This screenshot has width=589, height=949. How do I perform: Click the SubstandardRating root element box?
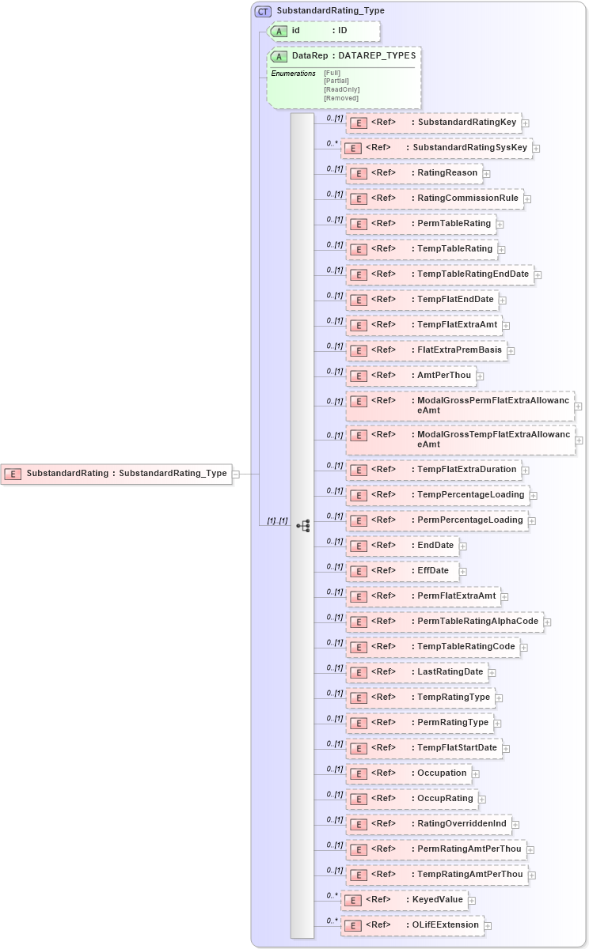(117, 474)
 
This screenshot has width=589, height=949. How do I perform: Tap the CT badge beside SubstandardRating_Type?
(263, 11)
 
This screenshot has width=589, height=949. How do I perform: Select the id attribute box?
(324, 31)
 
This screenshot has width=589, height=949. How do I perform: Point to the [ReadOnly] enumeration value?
(341, 89)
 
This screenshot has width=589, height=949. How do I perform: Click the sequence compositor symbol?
(302, 525)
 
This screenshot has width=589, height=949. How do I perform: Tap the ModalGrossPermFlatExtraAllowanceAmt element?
(460, 405)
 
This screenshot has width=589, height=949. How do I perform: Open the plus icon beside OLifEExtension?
(488, 926)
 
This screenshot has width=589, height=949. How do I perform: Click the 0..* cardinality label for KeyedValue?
(332, 896)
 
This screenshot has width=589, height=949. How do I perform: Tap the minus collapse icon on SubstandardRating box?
(236, 475)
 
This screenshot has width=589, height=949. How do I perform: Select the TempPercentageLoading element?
(438, 495)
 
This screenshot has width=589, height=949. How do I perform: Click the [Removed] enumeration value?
(340, 98)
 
